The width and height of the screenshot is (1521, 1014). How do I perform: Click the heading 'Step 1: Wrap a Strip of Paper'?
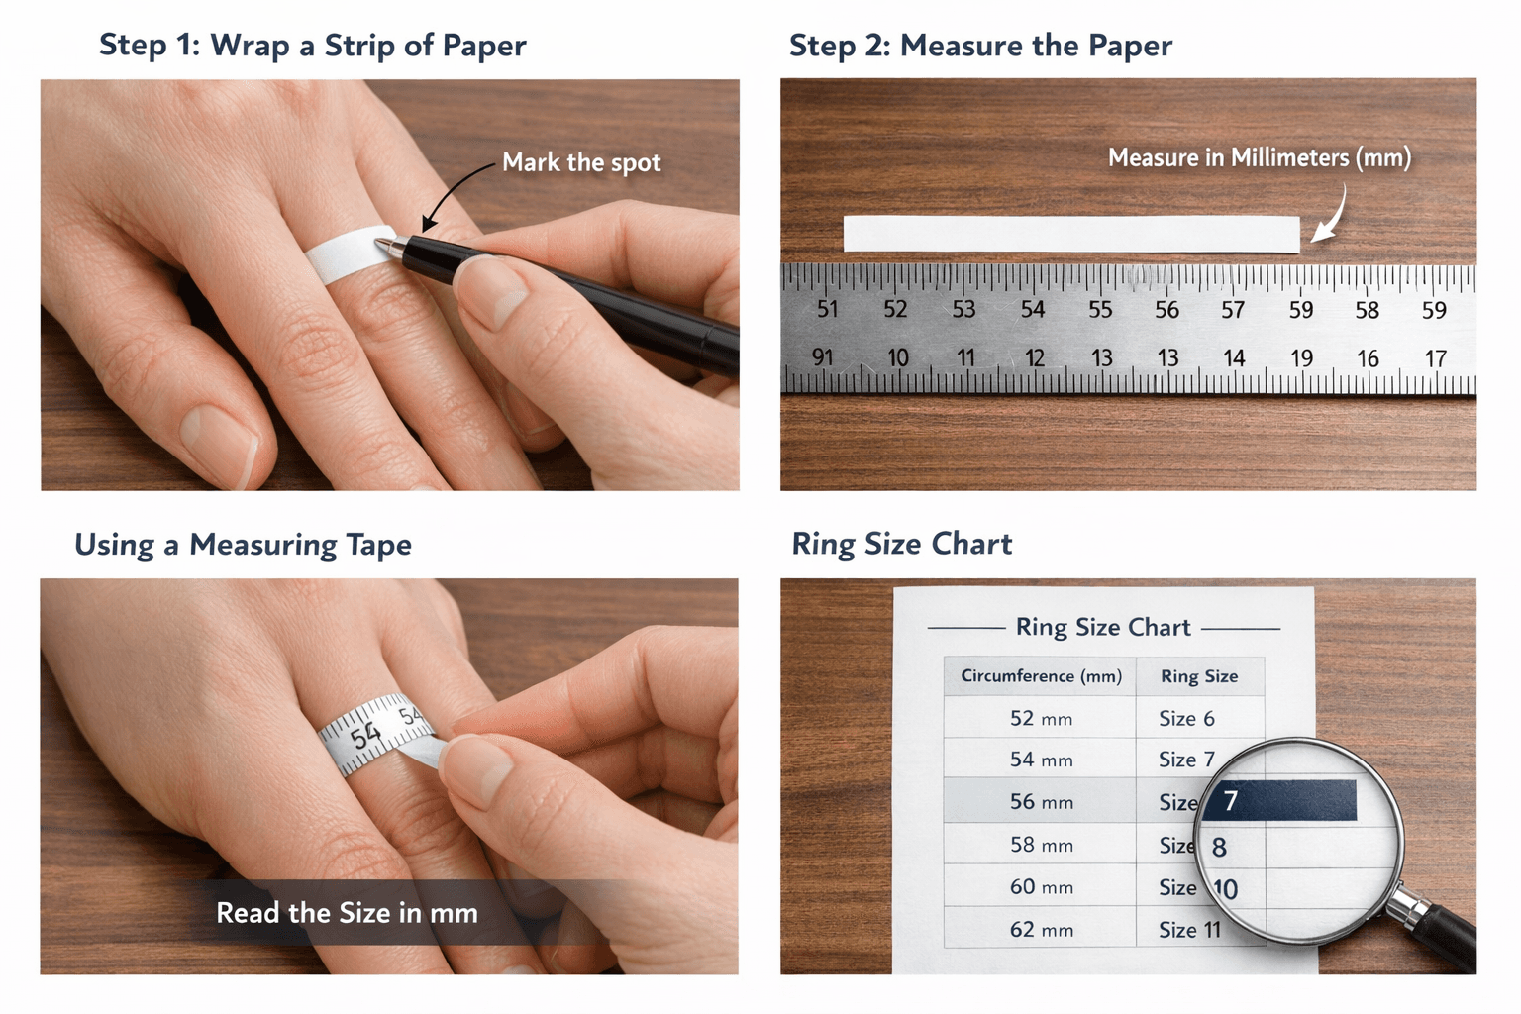[312, 46]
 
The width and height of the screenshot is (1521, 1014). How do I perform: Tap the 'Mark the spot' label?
[580, 162]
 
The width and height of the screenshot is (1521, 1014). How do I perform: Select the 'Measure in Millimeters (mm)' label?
[1259, 158]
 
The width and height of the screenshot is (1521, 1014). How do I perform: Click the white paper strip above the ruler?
[1070, 234]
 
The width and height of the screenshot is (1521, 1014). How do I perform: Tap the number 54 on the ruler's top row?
[1033, 310]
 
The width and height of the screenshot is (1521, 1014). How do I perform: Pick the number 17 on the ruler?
[1435, 358]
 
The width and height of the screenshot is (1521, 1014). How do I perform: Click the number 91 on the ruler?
[822, 357]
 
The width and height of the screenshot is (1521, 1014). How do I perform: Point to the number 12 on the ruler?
[1035, 358]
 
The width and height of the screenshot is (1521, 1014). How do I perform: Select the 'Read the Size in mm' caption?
[347, 913]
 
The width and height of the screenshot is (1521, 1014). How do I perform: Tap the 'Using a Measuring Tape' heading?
[243, 545]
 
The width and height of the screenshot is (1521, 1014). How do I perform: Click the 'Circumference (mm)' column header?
[1041, 676]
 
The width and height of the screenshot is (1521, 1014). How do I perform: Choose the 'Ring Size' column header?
[1198, 676]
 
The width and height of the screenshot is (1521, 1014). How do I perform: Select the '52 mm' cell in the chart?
[1041, 719]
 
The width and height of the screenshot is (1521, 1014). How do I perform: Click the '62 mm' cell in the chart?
[1041, 930]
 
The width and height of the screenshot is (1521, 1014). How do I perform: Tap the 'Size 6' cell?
[1186, 719]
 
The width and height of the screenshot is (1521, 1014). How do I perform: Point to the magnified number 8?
[1219, 848]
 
